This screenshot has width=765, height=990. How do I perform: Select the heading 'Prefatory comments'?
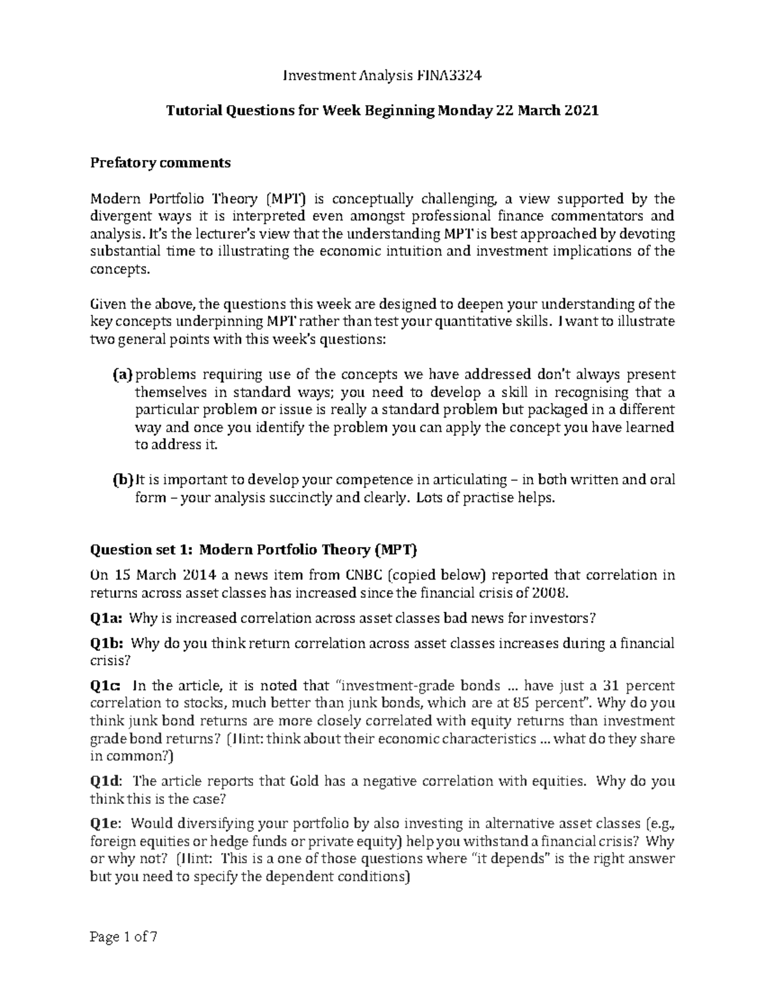pyautogui.click(x=160, y=163)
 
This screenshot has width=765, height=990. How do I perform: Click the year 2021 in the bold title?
pyautogui.click(x=581, y=111)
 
